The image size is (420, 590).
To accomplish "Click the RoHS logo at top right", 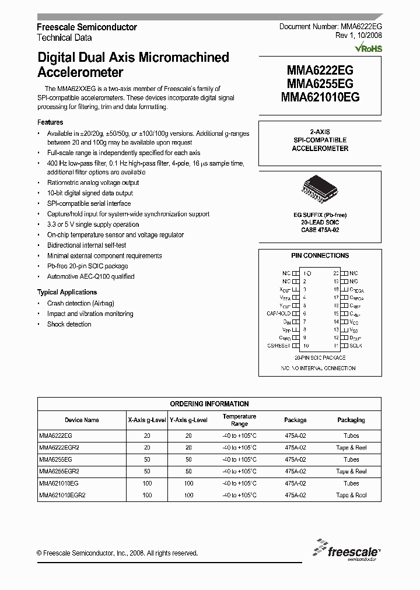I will (x=369, y=49).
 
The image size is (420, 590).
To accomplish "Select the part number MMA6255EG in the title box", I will (x=320, y=84).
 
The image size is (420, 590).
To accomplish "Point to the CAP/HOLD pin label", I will (x=278, y=314).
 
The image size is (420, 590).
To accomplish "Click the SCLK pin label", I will (x=356, y=346).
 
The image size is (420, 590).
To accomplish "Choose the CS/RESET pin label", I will (x=278, y=346).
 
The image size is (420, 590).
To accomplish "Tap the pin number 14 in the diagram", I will (x=336, y=322).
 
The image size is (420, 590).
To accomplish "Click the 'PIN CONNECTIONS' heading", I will (x=320, y=255).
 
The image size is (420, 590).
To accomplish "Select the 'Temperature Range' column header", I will (x=239, y=420).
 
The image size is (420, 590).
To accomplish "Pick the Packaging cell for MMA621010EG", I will (x=351, y=483).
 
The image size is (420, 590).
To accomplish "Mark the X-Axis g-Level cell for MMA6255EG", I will (x=147, y=459).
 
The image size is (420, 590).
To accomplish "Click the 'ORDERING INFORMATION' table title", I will (x=209, y=403).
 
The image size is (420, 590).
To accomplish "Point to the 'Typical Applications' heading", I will (x=67, y=292).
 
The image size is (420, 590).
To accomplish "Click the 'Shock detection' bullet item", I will (x=69, y=324).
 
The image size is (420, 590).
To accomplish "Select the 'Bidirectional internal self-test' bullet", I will (x=86, y=245).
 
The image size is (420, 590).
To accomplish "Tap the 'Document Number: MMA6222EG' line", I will (x=330, y=27).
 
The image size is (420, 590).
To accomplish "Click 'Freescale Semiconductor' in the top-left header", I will (x=87, y=27).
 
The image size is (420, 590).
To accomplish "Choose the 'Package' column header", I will (x=295, y=420).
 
